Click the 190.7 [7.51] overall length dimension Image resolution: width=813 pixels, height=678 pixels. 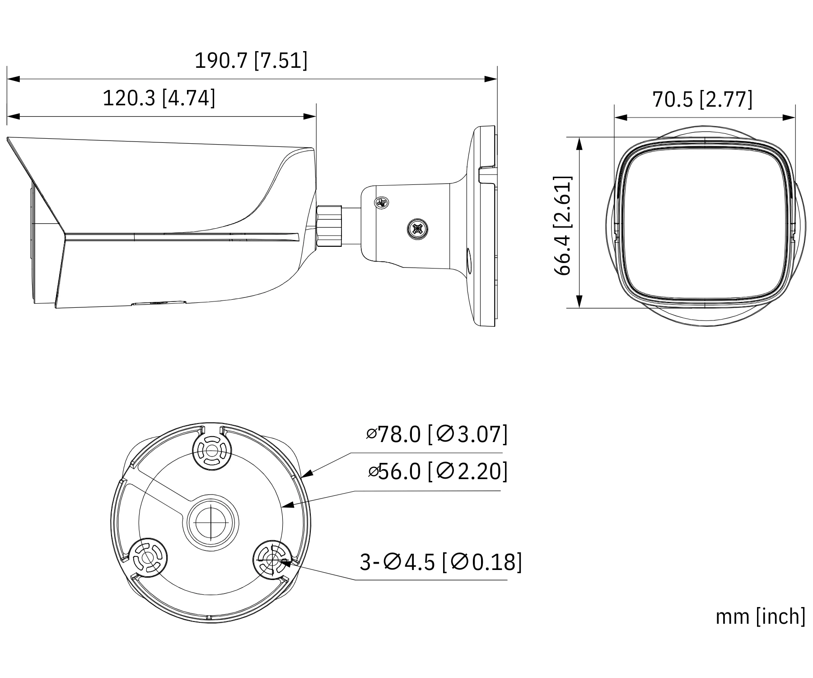click(251, 60)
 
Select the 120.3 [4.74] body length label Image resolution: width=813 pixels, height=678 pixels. click(159, 98)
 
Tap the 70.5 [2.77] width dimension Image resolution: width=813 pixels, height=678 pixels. click(703, 99)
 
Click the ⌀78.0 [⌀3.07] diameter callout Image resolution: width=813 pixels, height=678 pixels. click(437, 434)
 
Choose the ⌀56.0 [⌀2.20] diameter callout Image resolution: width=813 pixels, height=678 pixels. click(437, 471)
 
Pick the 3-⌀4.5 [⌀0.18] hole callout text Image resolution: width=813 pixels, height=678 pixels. click(441, 562)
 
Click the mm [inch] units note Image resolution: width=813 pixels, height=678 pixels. click(761, 617)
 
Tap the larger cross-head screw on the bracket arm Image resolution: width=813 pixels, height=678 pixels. click(416, 228)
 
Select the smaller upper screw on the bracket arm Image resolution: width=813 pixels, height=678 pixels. click(382, 203)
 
